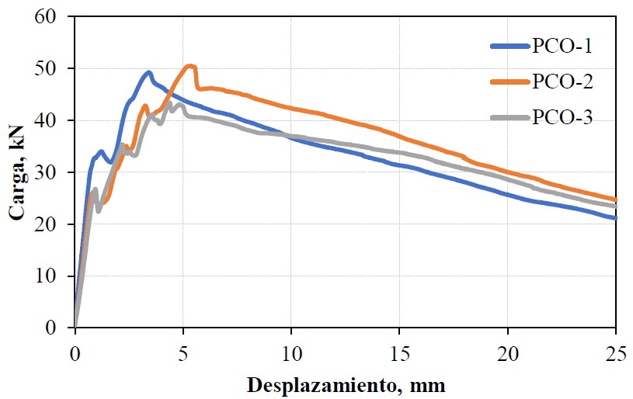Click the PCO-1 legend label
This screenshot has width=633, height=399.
coord(562,46)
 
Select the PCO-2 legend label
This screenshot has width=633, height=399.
coord(562,81)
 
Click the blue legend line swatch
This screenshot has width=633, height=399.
coord(510,47)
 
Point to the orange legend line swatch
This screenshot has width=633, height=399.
coord(510,82)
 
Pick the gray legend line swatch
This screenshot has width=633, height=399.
coord(510,117)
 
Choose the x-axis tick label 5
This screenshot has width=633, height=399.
coord(183,345)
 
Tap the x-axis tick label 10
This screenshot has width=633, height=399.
coord(290,345)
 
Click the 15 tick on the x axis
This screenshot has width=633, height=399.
coord(399,345)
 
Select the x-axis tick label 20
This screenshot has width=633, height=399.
coord(507,345)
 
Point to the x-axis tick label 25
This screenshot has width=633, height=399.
coord(615,345)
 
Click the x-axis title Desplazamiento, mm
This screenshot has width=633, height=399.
coord(346,384)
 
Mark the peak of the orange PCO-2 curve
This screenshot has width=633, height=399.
coord(190,66)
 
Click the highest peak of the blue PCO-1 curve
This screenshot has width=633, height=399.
coord(148,73)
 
